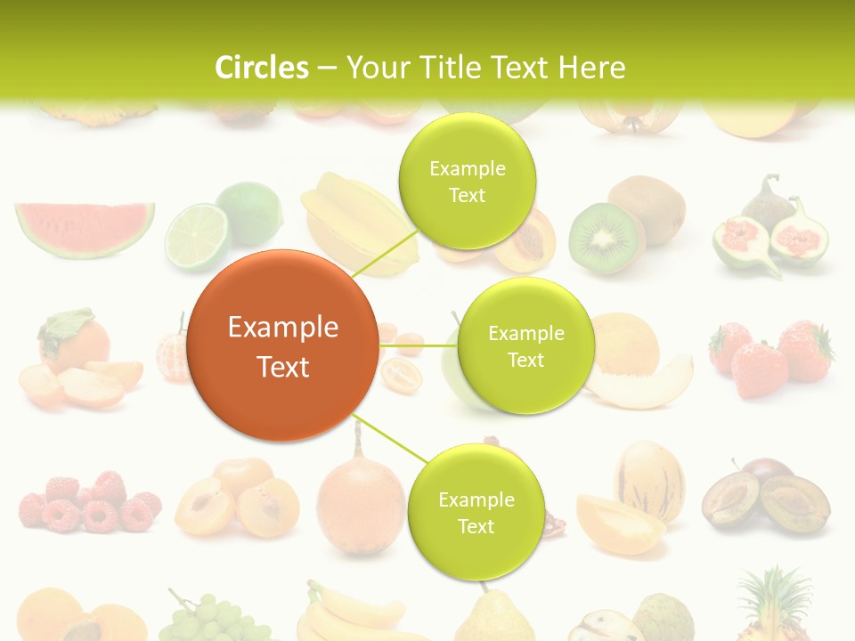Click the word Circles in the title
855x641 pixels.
(x=261, y=68)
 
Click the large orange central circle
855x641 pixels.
(x=283, y=345)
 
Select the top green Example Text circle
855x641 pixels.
(x=467, y=181)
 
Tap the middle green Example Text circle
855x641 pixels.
(x=525, y=345)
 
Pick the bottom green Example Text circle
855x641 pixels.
(x=476, y=512)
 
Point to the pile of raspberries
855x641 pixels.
(x=89, y=504)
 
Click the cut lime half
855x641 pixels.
(x=197, y=237)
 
